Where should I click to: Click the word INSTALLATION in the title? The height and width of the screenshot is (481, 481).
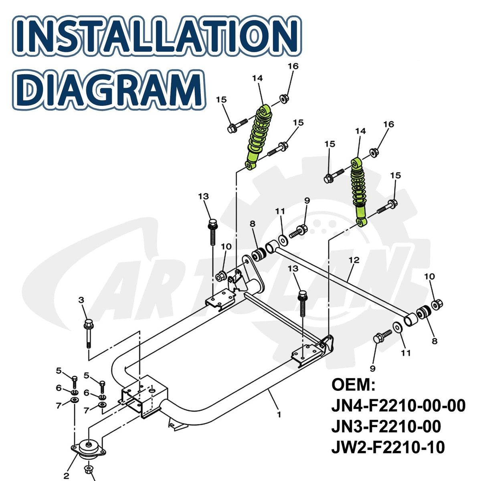coord(157,35)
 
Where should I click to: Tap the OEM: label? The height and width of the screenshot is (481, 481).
coord(353,385)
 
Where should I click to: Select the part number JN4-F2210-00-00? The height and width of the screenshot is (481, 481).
coord(398,406)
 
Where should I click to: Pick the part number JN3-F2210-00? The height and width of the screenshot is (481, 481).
coord(386,426)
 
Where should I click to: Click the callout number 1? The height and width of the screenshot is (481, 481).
coord(279,414)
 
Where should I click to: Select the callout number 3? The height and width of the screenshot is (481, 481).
coord(81,300)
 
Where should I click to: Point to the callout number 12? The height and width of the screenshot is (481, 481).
coord(354,260)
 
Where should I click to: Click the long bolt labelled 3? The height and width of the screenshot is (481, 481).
coord(89,333)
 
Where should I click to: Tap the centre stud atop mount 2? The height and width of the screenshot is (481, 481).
coord(89,444)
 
